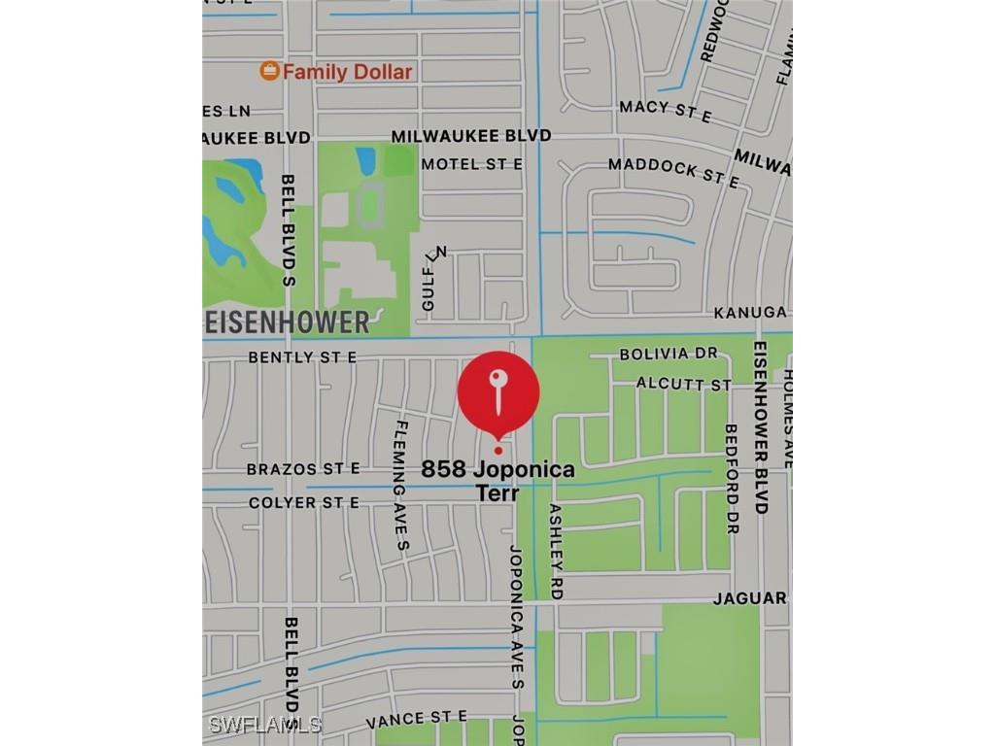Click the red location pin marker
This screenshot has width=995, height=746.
tap(498, 393)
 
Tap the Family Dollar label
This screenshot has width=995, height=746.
tap(348, 71)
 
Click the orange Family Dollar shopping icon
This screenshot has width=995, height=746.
tap(270, 71)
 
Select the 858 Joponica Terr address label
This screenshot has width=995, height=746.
tap(497, 480)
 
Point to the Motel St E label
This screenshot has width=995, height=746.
tap(471, 164)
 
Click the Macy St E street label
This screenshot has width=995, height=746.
tap(666, 111)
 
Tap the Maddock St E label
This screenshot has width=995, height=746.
tap(673, 172)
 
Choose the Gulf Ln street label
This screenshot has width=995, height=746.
tap(434, 279)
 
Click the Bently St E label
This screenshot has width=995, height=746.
tap(302, 357)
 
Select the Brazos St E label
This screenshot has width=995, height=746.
tap(303, 468)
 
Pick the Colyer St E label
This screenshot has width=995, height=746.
tap(303, 502)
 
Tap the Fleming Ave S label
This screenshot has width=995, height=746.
tap(400, 486)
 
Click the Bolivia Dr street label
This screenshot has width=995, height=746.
tap(669, 354)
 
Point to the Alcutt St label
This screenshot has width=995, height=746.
tap(684, 384)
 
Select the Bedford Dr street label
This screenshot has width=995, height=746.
tap(732, 478)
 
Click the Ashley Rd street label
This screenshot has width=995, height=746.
tap(556, 550)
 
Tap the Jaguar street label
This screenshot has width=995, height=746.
tap(749, 598)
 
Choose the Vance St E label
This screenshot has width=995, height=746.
tap(416, 720)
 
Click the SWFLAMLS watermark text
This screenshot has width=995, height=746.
tap(264, 725)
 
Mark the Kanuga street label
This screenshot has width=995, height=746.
tap(749, 313)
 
